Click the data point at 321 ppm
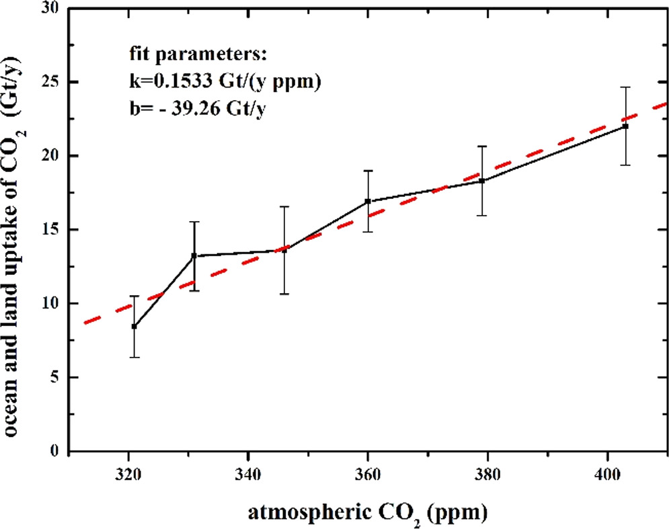134,327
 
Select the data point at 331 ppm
194,255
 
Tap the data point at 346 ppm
284,250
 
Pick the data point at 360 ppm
368,201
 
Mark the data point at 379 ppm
482,181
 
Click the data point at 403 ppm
625,126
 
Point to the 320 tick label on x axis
128,473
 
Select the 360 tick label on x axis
368,473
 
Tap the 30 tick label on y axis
50,9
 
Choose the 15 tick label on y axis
50,230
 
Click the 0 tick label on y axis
55,451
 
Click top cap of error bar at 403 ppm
625,87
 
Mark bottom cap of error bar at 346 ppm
284,294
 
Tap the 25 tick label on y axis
50,83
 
